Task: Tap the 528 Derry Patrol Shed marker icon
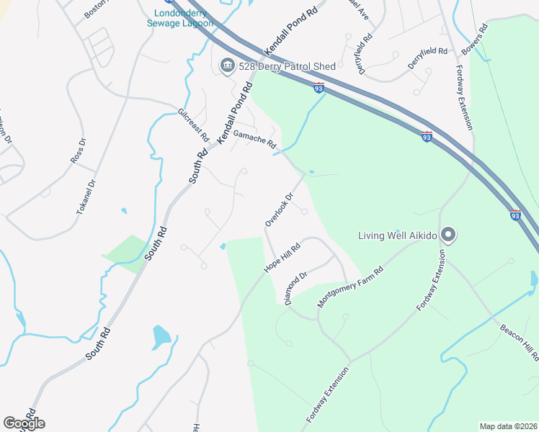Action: (x=227, y=66)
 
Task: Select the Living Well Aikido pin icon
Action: (x=448, y=235)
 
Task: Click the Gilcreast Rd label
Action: (x=193, y=125)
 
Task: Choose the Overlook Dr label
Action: (x=280, y=209)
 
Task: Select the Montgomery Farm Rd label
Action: (x=350, y=287)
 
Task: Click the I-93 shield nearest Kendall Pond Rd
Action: (x=318, y=88)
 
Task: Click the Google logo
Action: (x=24, y=423)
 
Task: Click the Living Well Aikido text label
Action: (x=399, y=235)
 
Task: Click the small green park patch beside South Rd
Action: (x=128, y=253)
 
